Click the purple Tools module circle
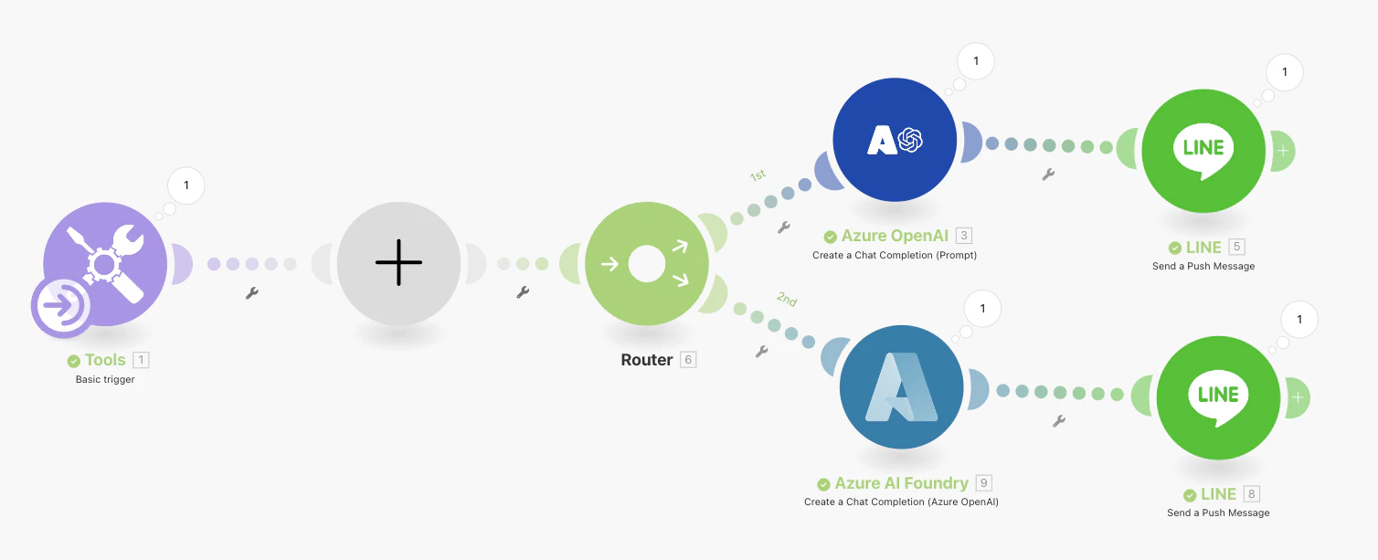105,264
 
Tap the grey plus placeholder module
398,263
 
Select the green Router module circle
647,264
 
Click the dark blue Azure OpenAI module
895,140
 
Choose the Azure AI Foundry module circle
901,386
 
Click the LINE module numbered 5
1203,151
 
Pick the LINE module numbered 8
1218,397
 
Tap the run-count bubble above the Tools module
186,185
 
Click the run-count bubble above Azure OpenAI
976,61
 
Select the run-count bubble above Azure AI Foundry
982,308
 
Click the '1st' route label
758,175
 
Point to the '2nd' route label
787,300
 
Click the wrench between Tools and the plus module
252,293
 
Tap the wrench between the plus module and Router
523,292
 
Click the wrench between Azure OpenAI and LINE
1048,174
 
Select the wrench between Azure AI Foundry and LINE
1059,421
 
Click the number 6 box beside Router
688,360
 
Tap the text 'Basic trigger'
105,379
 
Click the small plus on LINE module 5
1283,152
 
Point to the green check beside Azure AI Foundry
823,484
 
